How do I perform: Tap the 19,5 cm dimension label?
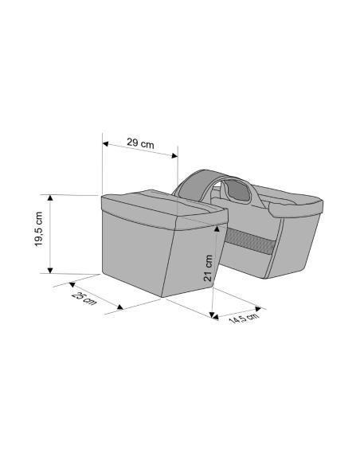point(38,229)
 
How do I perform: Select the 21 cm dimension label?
point(208,268)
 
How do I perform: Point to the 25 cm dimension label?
point(84,299)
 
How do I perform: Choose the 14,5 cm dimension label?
point(244,318)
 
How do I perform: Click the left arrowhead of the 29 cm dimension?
point(105,144)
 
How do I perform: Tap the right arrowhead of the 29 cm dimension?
point(174,156)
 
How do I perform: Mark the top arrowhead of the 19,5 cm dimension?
point(50,197)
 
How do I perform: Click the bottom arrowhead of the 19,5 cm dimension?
point(50,270)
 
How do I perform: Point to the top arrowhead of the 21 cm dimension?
point(217,228)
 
